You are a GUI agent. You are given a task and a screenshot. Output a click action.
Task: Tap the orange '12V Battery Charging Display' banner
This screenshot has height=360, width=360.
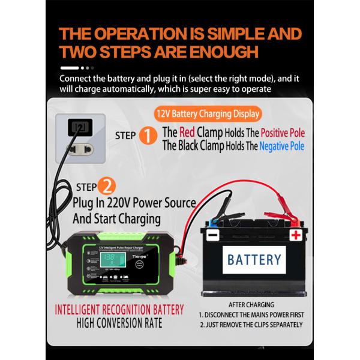click(208, 113)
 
